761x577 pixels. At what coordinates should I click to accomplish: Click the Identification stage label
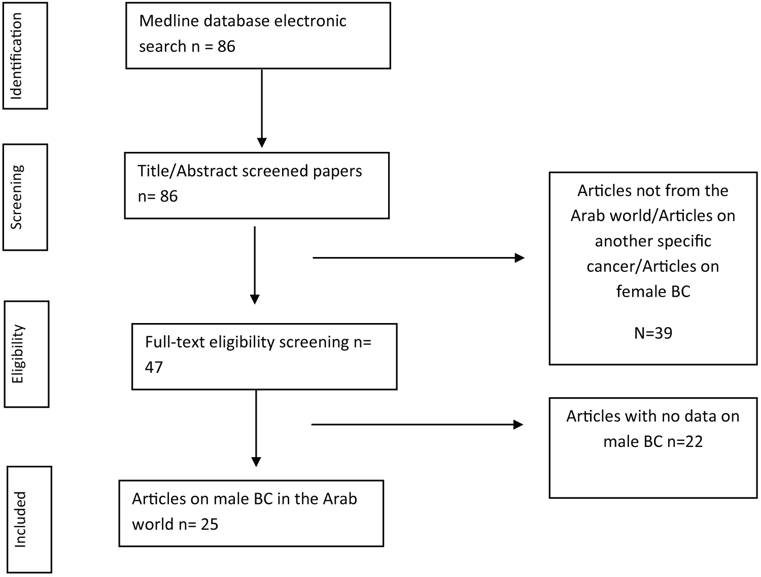coord(16,56)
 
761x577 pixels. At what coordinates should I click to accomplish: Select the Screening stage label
coord(16,197)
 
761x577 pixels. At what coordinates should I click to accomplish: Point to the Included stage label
coord(20,520)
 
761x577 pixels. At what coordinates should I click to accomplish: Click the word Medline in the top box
coord(169,21)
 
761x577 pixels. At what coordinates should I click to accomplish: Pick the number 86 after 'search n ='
coord(226,47)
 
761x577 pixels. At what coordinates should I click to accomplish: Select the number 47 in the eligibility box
coord(154,367)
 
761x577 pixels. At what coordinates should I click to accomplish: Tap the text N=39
coord(653,333)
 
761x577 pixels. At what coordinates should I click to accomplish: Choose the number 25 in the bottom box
coord(210,524)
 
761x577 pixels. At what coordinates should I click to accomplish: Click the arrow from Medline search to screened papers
coord(262,108)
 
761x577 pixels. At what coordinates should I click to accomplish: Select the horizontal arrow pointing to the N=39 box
coord(419,258)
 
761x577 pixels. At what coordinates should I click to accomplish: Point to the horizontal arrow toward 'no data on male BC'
coord(417,424)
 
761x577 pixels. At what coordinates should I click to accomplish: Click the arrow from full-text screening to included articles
coord(256,428)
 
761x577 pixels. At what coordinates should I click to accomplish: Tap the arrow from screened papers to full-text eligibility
coord(255,266)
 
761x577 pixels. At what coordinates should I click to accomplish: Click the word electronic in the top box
coord(310,21)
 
